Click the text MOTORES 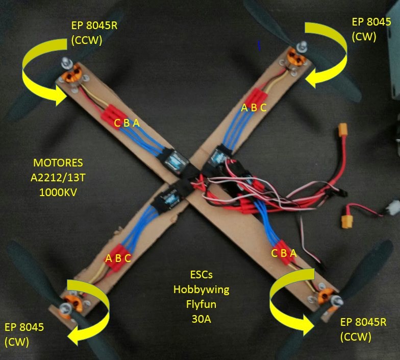58,163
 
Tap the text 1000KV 58,193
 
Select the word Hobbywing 201,290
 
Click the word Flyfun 201,304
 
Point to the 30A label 201,319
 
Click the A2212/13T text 58,178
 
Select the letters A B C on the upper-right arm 254,107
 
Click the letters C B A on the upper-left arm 127,123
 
